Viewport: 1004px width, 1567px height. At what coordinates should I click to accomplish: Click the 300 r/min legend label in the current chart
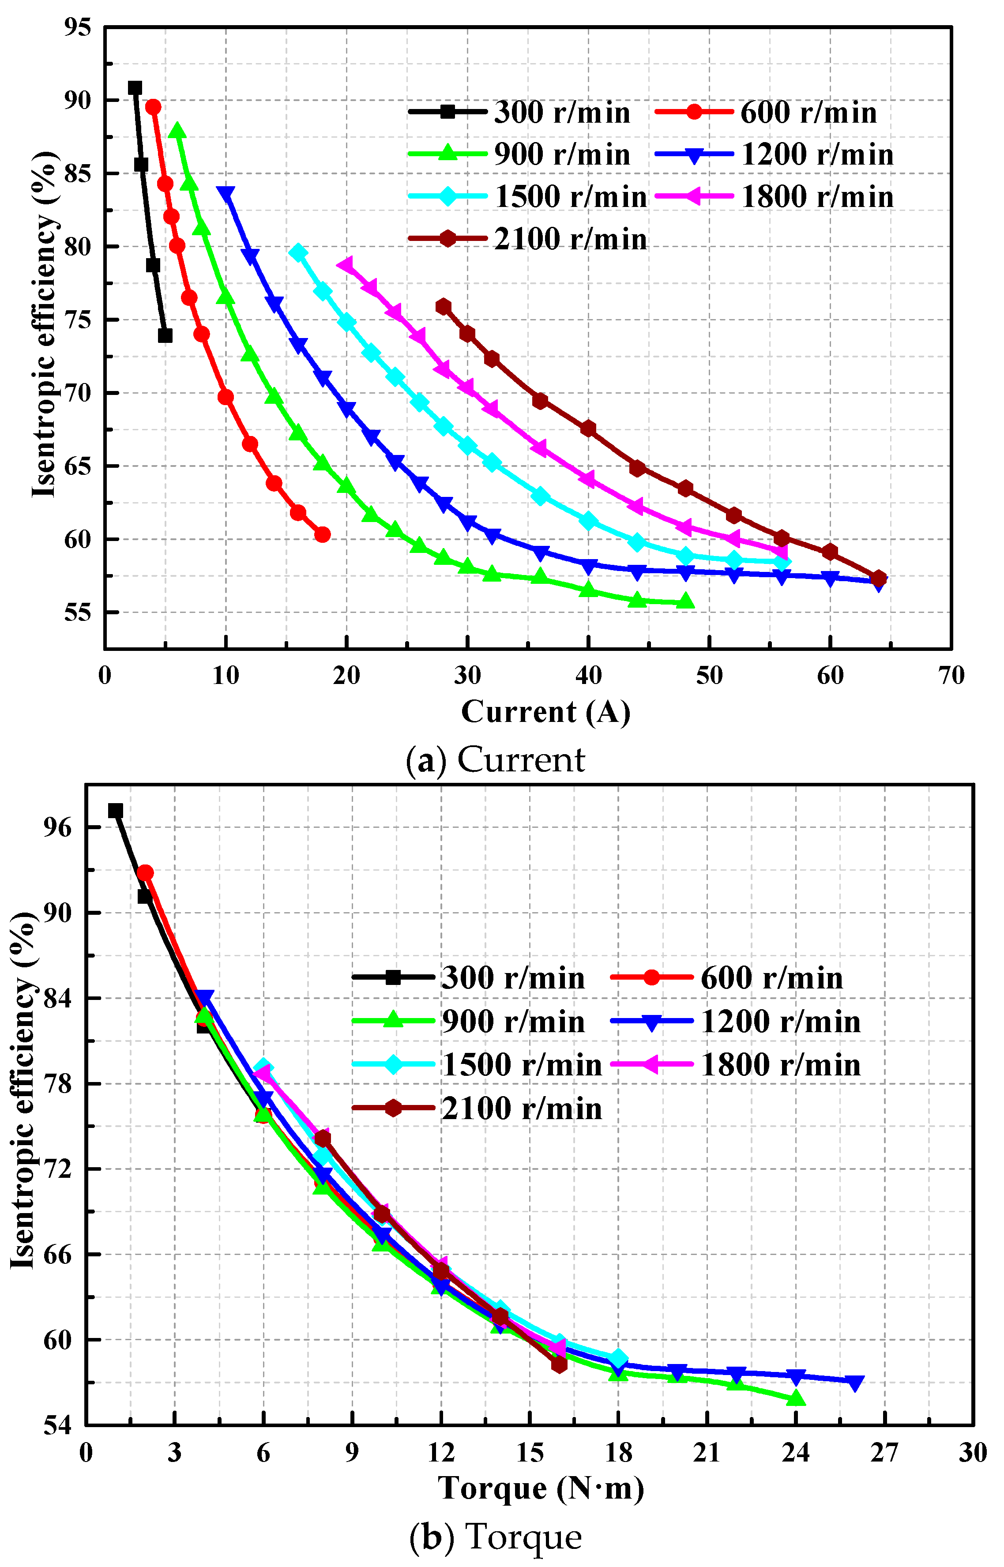tap(562, 113)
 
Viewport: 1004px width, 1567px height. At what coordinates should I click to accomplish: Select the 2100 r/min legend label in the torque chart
tap(522, 1109)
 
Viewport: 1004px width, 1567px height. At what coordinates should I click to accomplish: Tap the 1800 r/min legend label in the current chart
tap(817, 197)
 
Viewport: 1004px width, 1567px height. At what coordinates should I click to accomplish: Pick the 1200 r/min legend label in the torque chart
tap(780, 1022)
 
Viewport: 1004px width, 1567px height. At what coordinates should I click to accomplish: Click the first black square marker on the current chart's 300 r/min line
tap(135, 88)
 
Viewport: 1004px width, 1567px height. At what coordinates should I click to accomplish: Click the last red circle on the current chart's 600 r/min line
tap(322, 534)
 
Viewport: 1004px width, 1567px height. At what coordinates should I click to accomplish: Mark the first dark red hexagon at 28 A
tap(444, 306)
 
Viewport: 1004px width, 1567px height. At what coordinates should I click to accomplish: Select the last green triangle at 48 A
tap(684, 601)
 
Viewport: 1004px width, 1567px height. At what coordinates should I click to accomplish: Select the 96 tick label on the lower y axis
tap(57, 827)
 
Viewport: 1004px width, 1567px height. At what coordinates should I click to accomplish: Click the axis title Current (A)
tap(545, 712)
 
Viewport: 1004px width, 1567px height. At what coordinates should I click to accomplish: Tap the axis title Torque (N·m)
tap(541, 1488)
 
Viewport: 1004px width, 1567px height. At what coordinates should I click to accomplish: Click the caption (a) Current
tap(496, 760)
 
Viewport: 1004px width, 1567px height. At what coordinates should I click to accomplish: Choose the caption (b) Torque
tap(496, 1537)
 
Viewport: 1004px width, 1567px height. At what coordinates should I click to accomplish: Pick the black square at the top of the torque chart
tap(115, 810)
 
